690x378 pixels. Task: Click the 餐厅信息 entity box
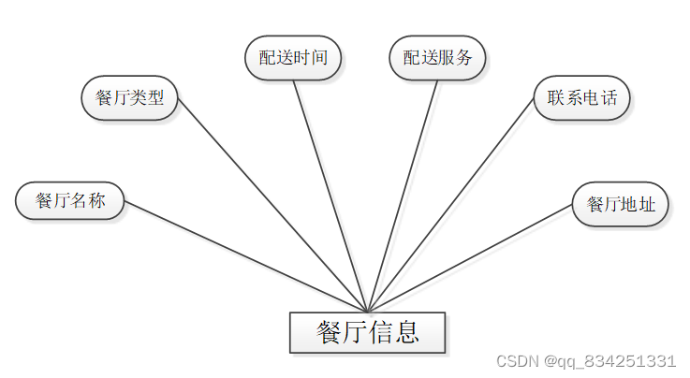pos(367,332)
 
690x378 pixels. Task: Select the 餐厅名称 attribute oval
pos(70,200)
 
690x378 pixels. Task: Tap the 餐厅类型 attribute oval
pos(130,98)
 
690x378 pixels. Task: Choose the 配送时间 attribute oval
pos(293,57)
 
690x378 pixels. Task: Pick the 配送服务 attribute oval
pos(437,57)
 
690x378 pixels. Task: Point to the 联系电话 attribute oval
pos(581,98)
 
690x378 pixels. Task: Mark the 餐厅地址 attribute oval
pos(621,204)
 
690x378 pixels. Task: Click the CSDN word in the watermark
pos(514,361)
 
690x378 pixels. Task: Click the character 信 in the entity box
pos(382,332)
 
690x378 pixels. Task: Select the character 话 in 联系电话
pos(609,98)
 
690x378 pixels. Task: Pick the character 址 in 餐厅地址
pos(647,204)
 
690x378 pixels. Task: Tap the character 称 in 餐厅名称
pos(96,200)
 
